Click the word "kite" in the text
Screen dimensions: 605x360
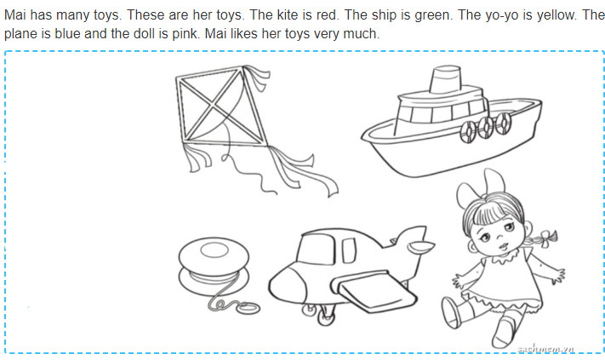[x=285, y=15]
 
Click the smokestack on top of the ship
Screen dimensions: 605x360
[x=445, y=78]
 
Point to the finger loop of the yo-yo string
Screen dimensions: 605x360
[x=248, y=308]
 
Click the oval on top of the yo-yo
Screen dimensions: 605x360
[x=214, y=250]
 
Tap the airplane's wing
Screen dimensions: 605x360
[x=373, y=291]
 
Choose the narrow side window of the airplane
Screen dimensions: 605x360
[x=349, y=251]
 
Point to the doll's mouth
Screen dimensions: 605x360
[x=503, y=246]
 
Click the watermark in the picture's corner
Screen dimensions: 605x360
[x=545, y=348]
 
